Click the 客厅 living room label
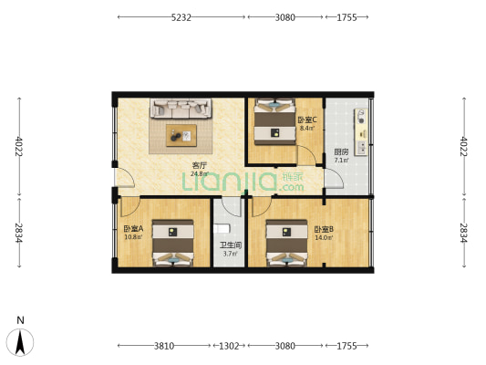(x=199, y=165)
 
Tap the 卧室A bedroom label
(x=132, y=229)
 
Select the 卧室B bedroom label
(x=323, y=229)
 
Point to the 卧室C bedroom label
(x=305, y=120)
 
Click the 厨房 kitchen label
(x=340, y=151)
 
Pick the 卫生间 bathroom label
(x=230, y=245)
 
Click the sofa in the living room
(x=181, y=109)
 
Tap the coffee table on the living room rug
(x=181, y=137)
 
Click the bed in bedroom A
(x=171, y=245)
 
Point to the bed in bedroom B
(x=287, y=245)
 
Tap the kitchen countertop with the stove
(x=362, y=137)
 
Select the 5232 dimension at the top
(x=181, y=16)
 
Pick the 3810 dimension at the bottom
(x=163, y=346)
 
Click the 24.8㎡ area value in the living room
(x=199, y=173)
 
